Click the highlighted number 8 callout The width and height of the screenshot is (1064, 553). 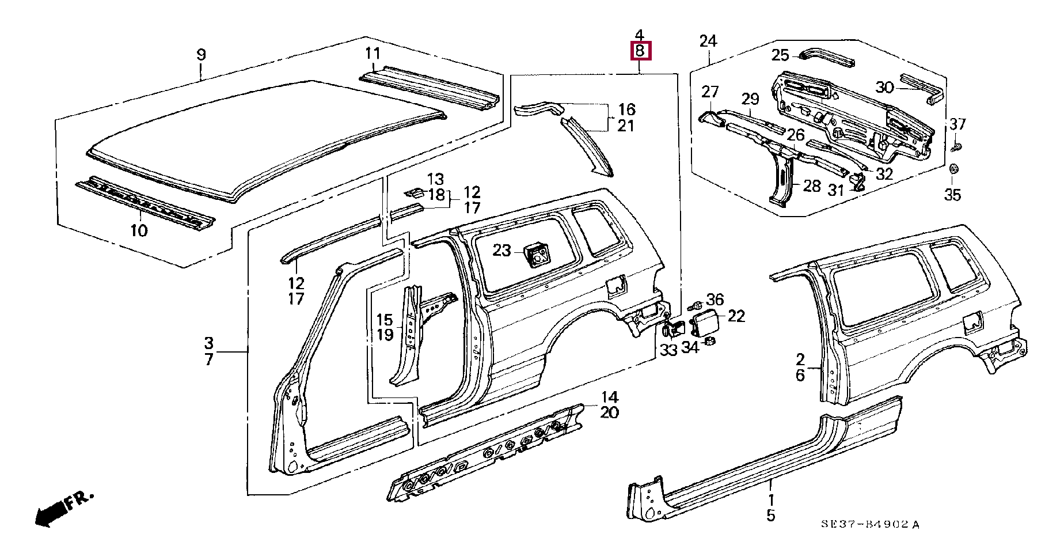640,51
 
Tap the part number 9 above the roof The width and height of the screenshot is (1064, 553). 201,55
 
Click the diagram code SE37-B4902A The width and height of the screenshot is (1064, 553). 870,524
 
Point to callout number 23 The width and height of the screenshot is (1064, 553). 501,250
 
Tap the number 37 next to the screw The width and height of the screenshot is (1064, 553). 957,124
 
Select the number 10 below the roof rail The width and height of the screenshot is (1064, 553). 139,230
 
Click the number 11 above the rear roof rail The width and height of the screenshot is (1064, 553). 373,54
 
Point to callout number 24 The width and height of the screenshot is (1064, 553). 708,41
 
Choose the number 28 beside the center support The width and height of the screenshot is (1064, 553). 812,185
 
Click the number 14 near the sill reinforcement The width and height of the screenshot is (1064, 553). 609,397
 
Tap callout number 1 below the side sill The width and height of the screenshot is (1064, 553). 771,500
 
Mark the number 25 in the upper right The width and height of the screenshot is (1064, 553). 780,55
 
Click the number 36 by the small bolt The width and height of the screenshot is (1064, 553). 715,300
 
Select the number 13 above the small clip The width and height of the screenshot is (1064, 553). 435,179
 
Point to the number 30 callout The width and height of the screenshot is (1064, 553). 884,88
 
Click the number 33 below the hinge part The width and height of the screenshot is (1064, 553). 668,350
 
